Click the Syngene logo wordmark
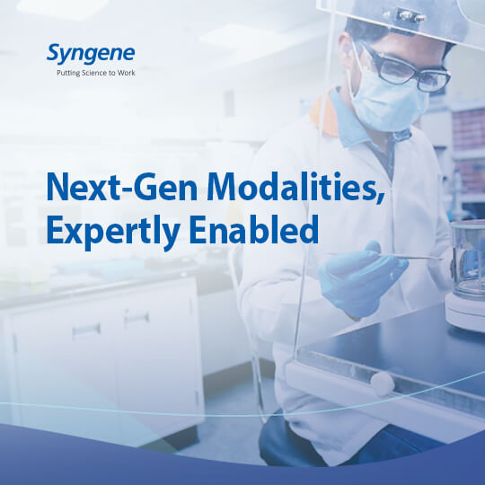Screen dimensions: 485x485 (91, 54)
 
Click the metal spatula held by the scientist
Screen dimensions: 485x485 (385, 256)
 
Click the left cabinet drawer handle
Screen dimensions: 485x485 (86, 331)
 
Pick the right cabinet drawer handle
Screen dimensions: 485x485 (137, 318)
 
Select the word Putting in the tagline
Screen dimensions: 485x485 (68, 74)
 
